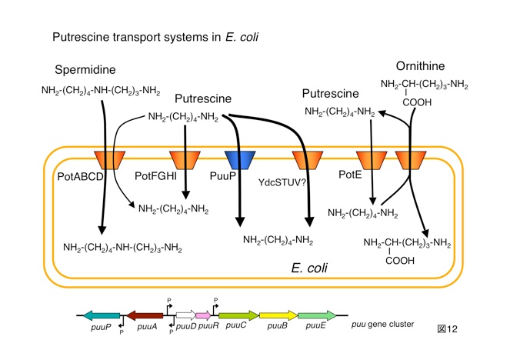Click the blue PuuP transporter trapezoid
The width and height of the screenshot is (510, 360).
tap(239, 161)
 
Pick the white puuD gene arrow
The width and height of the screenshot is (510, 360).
tap(185, 316)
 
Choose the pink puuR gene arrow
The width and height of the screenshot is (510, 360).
tap(205, 316)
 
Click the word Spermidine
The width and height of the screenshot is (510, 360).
tap(85, 69)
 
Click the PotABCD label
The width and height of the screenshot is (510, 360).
tap(78, 177)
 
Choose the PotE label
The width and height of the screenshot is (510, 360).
tap(351, 176)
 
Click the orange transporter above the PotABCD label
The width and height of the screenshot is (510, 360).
tap(109, 161)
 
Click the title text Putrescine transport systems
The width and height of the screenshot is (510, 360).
tap(132, 37)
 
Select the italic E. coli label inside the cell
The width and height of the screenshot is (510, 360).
tap(310, 268)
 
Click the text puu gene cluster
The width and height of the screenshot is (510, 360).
tap(382, 325)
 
